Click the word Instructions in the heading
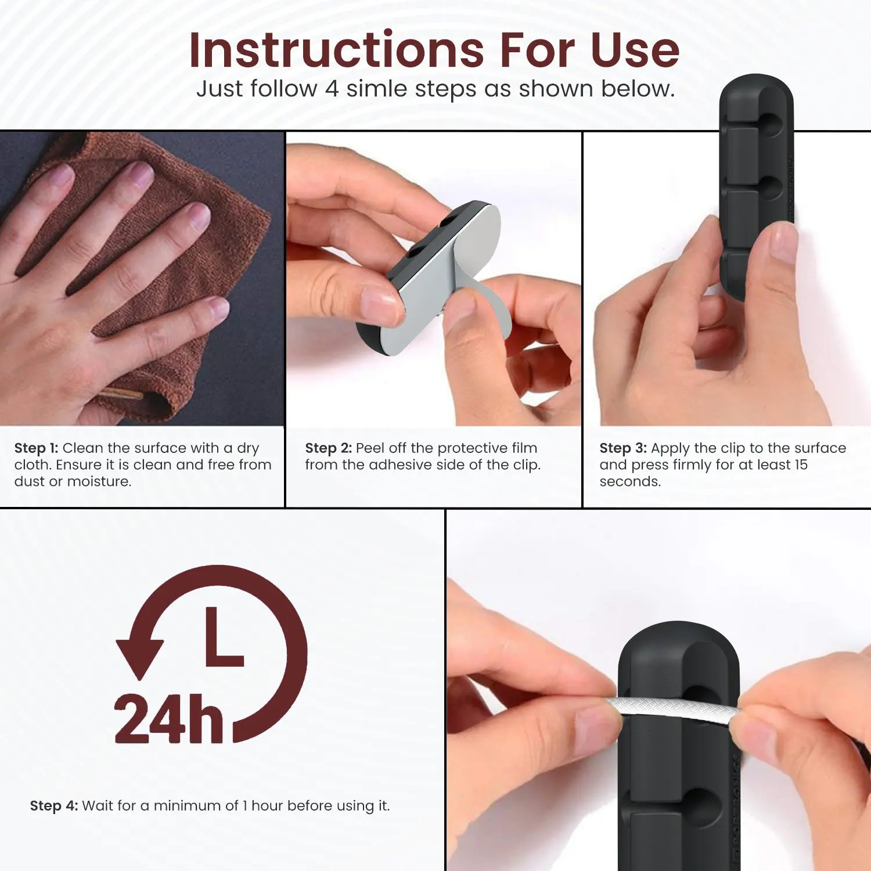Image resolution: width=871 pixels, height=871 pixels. [337, 50]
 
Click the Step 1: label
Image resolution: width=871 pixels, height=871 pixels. [36, 448]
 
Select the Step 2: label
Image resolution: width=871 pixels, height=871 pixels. [328, 448]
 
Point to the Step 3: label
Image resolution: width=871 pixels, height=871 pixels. [623, 448]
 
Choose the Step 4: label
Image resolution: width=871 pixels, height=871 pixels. [53, 806]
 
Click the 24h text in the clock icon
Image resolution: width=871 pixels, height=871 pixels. [169, 719]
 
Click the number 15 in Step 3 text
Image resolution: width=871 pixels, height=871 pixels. [801, 465]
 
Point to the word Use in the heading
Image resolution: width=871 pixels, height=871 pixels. [635, 50]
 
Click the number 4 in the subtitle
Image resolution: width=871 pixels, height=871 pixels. [332, 89]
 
